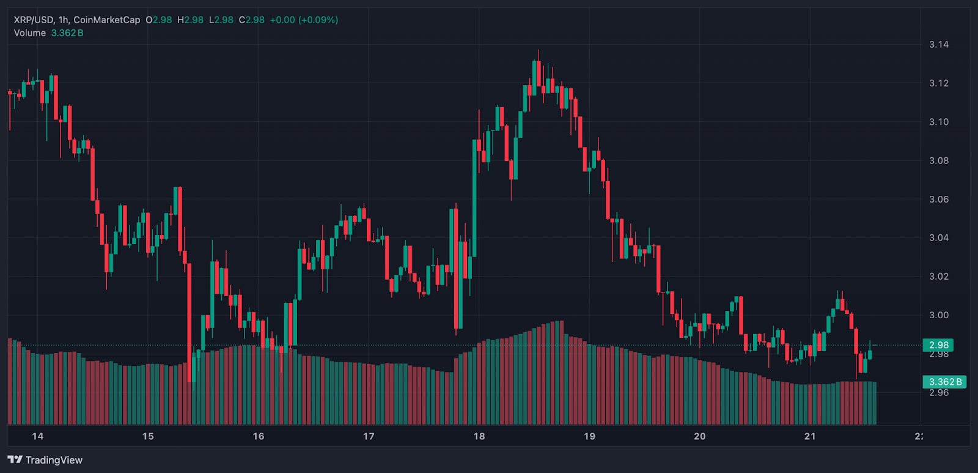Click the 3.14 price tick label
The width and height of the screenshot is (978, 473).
(938, 45)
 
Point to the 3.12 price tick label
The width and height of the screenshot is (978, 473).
(938, 83)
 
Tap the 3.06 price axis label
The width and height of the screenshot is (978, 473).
(938, 199)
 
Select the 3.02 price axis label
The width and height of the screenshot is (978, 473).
(938, 277)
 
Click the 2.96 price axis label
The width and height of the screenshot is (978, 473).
(938, 393)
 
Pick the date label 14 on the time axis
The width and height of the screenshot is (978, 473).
(38, 436)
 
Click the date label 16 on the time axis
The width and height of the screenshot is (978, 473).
(259, 436)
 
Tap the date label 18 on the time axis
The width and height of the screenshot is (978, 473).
(479, 436)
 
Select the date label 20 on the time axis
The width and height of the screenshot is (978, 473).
(700, 436)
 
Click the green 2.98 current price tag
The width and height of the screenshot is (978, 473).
(938, 345)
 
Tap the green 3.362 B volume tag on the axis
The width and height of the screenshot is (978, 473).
(944, 382)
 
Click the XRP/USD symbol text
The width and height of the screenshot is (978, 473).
(34, 20)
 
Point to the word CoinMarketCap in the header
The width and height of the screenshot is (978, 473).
(106, 20)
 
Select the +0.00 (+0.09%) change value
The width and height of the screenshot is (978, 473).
(304, 20)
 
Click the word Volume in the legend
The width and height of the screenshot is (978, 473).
(30, 33)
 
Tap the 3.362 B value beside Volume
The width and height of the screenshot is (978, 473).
(67, 33)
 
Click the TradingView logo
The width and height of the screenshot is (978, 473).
(45, 460)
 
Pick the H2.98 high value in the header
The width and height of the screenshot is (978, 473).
(190, 20)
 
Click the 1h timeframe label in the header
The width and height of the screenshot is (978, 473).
(63, 20)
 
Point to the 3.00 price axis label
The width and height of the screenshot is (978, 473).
(938, 315)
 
